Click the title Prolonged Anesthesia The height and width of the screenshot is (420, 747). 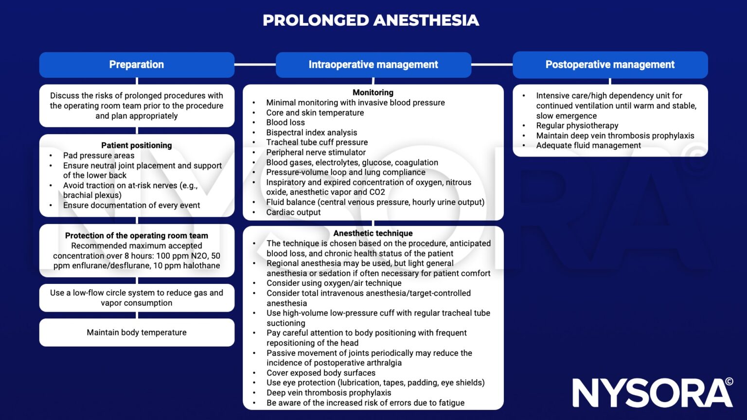click(371, 20)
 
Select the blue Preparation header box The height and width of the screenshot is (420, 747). click(137, 65)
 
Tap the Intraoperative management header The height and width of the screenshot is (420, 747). click(373, 65)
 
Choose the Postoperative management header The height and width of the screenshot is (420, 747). click(610, 65)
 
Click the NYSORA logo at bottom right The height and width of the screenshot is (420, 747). click(652, 393)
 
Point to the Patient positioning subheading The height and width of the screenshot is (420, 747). click(137, 145)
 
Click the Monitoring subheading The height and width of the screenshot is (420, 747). click(373, 92)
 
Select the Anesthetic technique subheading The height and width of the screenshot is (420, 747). click(373, 233)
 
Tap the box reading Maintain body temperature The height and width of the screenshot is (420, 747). click(137, 332)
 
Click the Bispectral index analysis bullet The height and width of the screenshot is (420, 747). click(311, 133)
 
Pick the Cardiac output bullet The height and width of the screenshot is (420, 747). click(293, 212)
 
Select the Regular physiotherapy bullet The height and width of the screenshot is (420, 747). click(577, 125)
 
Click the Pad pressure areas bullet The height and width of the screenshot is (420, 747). click(99, 156)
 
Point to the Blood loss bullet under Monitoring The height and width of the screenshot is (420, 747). click(285, 122)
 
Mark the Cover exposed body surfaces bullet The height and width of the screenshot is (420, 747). click(321, 373)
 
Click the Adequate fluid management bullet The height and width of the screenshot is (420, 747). click(588, 145)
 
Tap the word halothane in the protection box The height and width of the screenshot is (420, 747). click(200, 265)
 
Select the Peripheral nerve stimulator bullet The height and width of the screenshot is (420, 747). click(316, 152)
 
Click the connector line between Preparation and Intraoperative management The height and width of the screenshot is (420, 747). click(255, 64)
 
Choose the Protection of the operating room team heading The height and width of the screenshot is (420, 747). click(137, 236)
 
